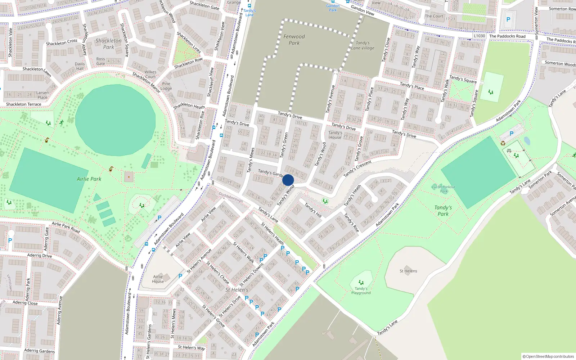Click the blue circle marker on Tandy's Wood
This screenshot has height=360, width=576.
[288, 180]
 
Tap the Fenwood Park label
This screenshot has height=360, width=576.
[294, 40]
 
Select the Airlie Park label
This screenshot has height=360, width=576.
[89, 179]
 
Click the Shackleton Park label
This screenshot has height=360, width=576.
[108, 44]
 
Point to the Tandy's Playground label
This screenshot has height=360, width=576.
[361, 291]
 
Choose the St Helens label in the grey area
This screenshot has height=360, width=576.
[408, 271]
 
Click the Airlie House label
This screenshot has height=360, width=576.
[158, 279]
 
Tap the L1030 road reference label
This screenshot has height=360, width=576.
[479, 36]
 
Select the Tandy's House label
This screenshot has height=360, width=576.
[335, 135]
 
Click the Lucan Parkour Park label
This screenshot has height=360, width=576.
[444, 189]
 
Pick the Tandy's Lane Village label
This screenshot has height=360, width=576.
[363, 45]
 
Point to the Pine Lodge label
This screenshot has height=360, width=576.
[166, 86]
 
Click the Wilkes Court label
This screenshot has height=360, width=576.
[150, 74]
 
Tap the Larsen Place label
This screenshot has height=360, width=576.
[42, 95]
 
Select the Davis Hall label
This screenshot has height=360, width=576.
[80, 66]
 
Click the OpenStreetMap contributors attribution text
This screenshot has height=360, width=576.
[548, 356]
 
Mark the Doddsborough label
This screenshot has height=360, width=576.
[231, 197]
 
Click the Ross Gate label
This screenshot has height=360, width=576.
[101, 61]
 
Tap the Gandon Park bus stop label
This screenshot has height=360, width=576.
[333, 8]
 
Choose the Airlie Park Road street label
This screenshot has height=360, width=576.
[66, 227]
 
